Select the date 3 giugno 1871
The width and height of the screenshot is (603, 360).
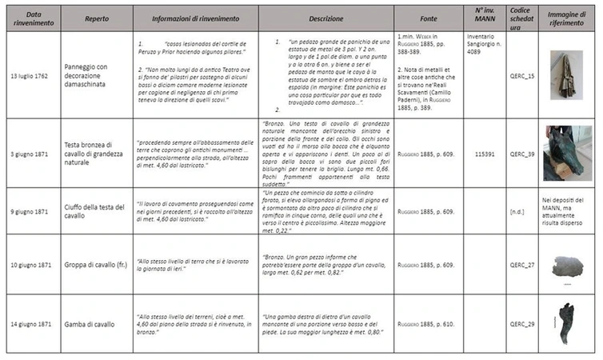point(32,152)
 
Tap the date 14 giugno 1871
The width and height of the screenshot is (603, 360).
point(32,324)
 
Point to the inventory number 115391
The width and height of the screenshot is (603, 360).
point(481,152)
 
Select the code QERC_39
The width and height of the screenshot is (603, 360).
point(521,152)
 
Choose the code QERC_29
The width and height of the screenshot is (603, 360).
point(521,324)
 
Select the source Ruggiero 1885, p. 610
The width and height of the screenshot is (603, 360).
point(426,324)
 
